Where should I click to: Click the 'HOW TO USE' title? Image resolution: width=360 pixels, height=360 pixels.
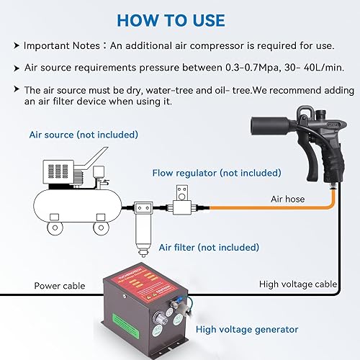pos(179,19)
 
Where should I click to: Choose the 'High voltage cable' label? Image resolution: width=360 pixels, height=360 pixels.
pos(297,284)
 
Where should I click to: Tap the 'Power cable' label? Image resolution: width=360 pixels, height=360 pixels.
pos(60,286)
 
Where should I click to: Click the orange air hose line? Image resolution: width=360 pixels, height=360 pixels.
pos(252,212)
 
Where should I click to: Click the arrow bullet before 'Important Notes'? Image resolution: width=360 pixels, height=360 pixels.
pos(16,45)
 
